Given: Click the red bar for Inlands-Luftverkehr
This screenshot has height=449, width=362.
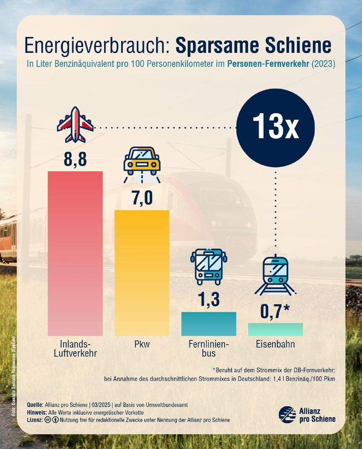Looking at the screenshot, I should (x=75, y=254).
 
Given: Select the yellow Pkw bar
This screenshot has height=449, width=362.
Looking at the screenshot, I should (x=142, y=273).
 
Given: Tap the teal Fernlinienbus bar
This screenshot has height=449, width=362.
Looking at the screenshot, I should (x=208, y=324).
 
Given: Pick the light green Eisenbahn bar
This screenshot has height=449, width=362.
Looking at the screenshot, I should (x=275, y=329).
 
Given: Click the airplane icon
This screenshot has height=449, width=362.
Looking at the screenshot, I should (x=75, y=124).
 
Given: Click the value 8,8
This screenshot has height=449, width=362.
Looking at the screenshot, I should (x=75, y=158).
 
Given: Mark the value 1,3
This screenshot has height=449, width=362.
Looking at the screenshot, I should (x=208, y=299).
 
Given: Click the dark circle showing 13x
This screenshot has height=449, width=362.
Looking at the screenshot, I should (x=275, y=128).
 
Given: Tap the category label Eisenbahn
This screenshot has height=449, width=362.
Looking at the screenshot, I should (x=275, y=345).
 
